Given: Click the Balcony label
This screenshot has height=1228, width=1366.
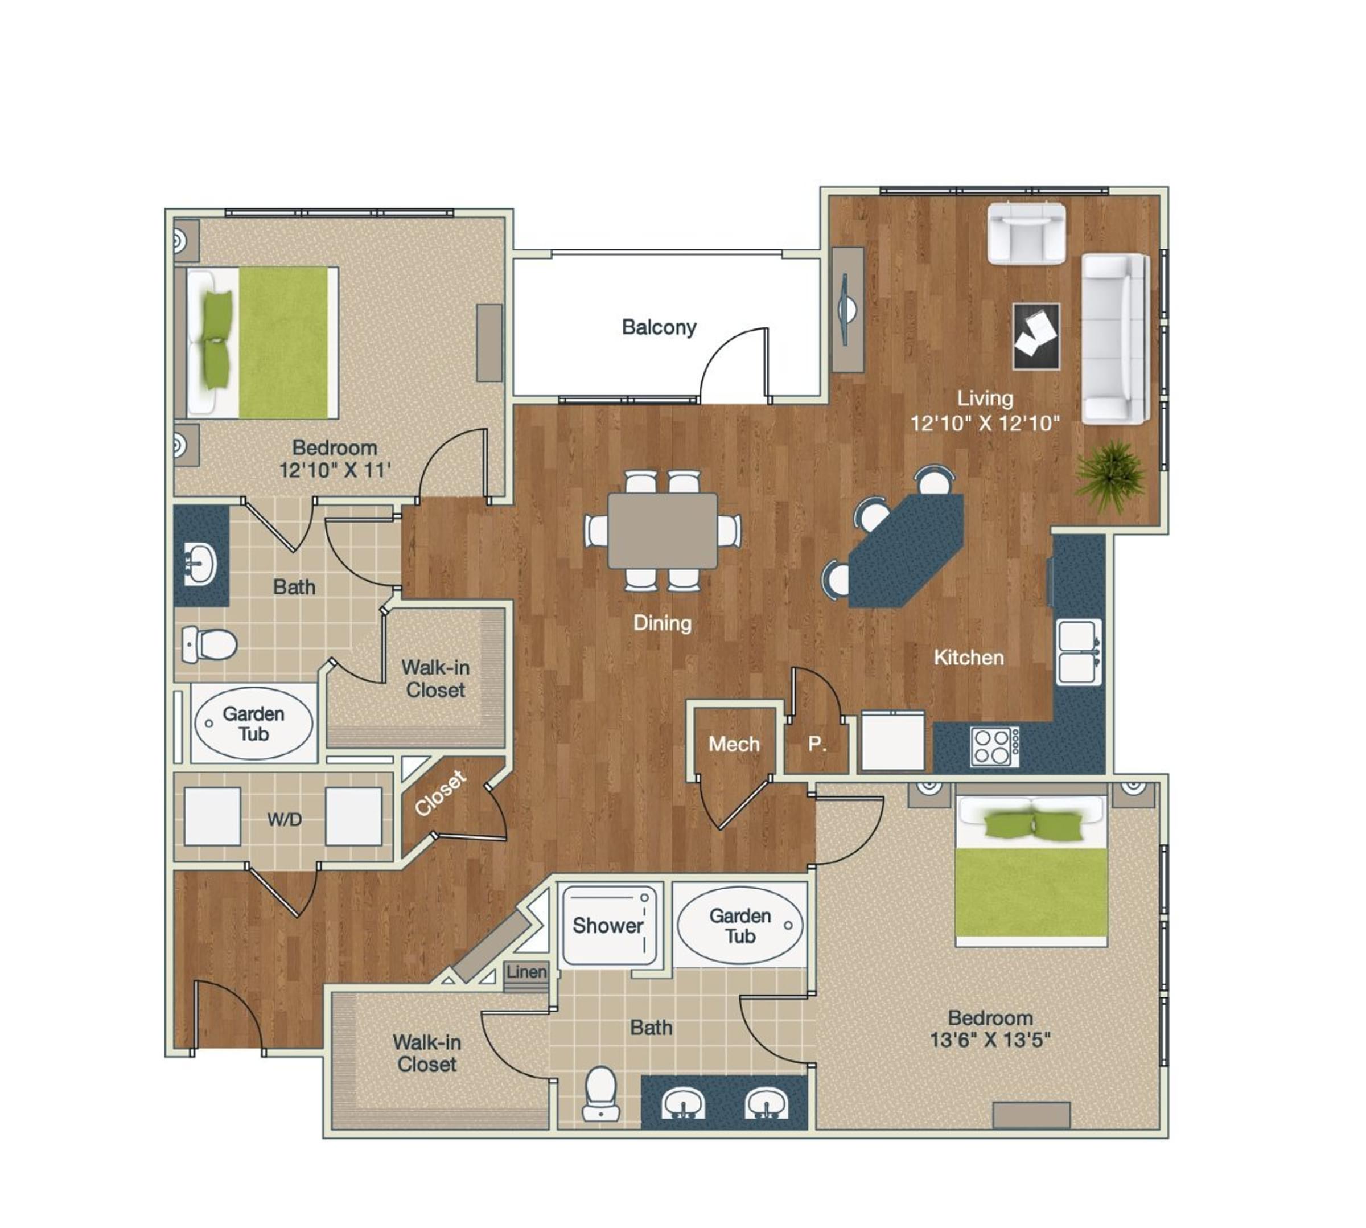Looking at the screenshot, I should pos(659,327).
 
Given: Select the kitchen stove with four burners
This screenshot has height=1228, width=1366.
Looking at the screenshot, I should pos(994,746).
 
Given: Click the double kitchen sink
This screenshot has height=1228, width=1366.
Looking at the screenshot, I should pos(1077,652).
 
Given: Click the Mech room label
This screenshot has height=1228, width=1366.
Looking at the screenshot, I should pos(734,744).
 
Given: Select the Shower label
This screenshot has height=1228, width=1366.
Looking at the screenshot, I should pos(608,925).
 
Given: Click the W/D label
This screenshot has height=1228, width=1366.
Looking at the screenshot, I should pos(284,820).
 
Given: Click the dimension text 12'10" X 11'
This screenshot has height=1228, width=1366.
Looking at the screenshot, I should pos(335,470).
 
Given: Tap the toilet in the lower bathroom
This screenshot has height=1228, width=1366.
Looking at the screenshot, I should pos(600,1093).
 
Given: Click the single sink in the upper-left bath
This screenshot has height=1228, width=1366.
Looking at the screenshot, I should pos(200,564).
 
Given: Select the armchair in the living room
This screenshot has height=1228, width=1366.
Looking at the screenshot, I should pos(1026,233).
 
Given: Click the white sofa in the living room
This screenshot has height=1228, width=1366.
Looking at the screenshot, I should pos(1113,339).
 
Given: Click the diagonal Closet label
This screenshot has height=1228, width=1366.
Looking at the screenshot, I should pos(440,793).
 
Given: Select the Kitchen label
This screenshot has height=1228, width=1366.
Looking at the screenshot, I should pos(968,657).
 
